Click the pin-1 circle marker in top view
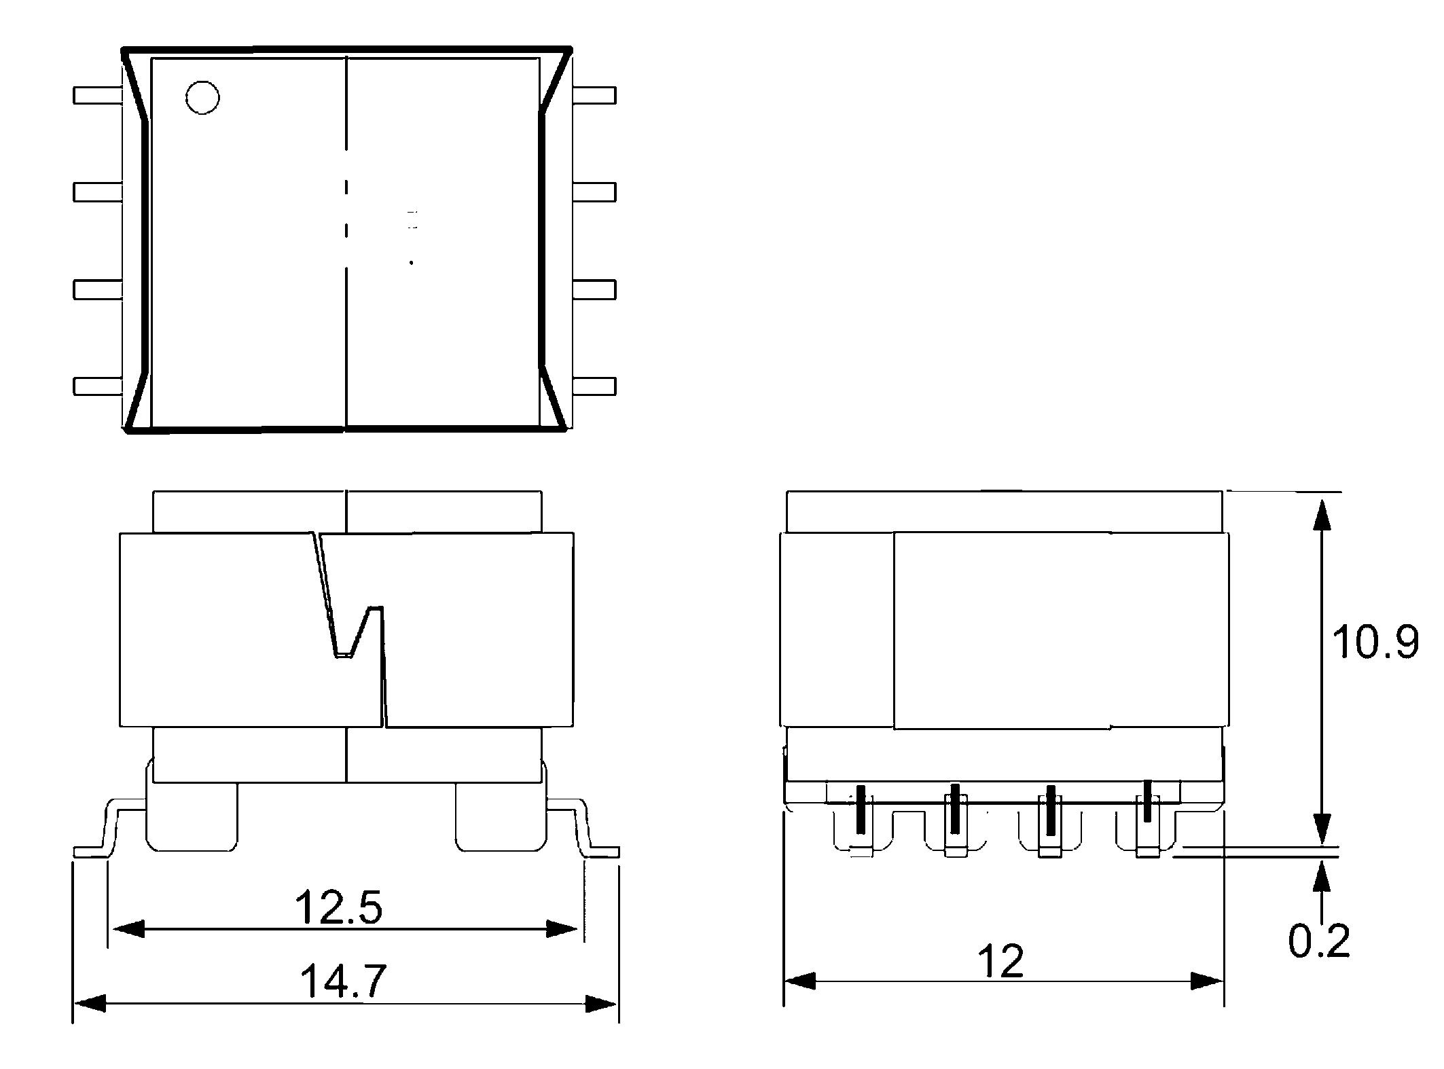coord(202,97)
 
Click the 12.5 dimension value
coord(338,908)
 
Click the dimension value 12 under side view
coord(1000,962)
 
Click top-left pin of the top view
coord(97,95)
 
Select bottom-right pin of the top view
coord(595,386)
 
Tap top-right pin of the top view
coord(595,95)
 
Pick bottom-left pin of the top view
coord(97,386)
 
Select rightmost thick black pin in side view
coord(1147,801)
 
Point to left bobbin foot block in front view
coord(192,816)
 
